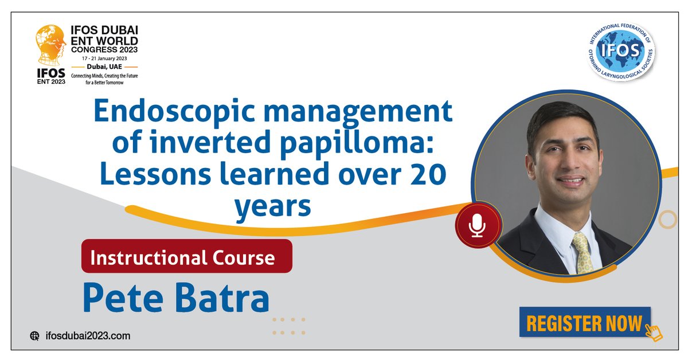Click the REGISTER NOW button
pos(585,323)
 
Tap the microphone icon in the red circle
pos(478,225)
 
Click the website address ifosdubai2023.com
pos(88,336)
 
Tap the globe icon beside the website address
pos(35,336)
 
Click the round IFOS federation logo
pos(620,53)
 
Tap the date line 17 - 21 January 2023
pos(104,58)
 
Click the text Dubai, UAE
pos(104,67)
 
